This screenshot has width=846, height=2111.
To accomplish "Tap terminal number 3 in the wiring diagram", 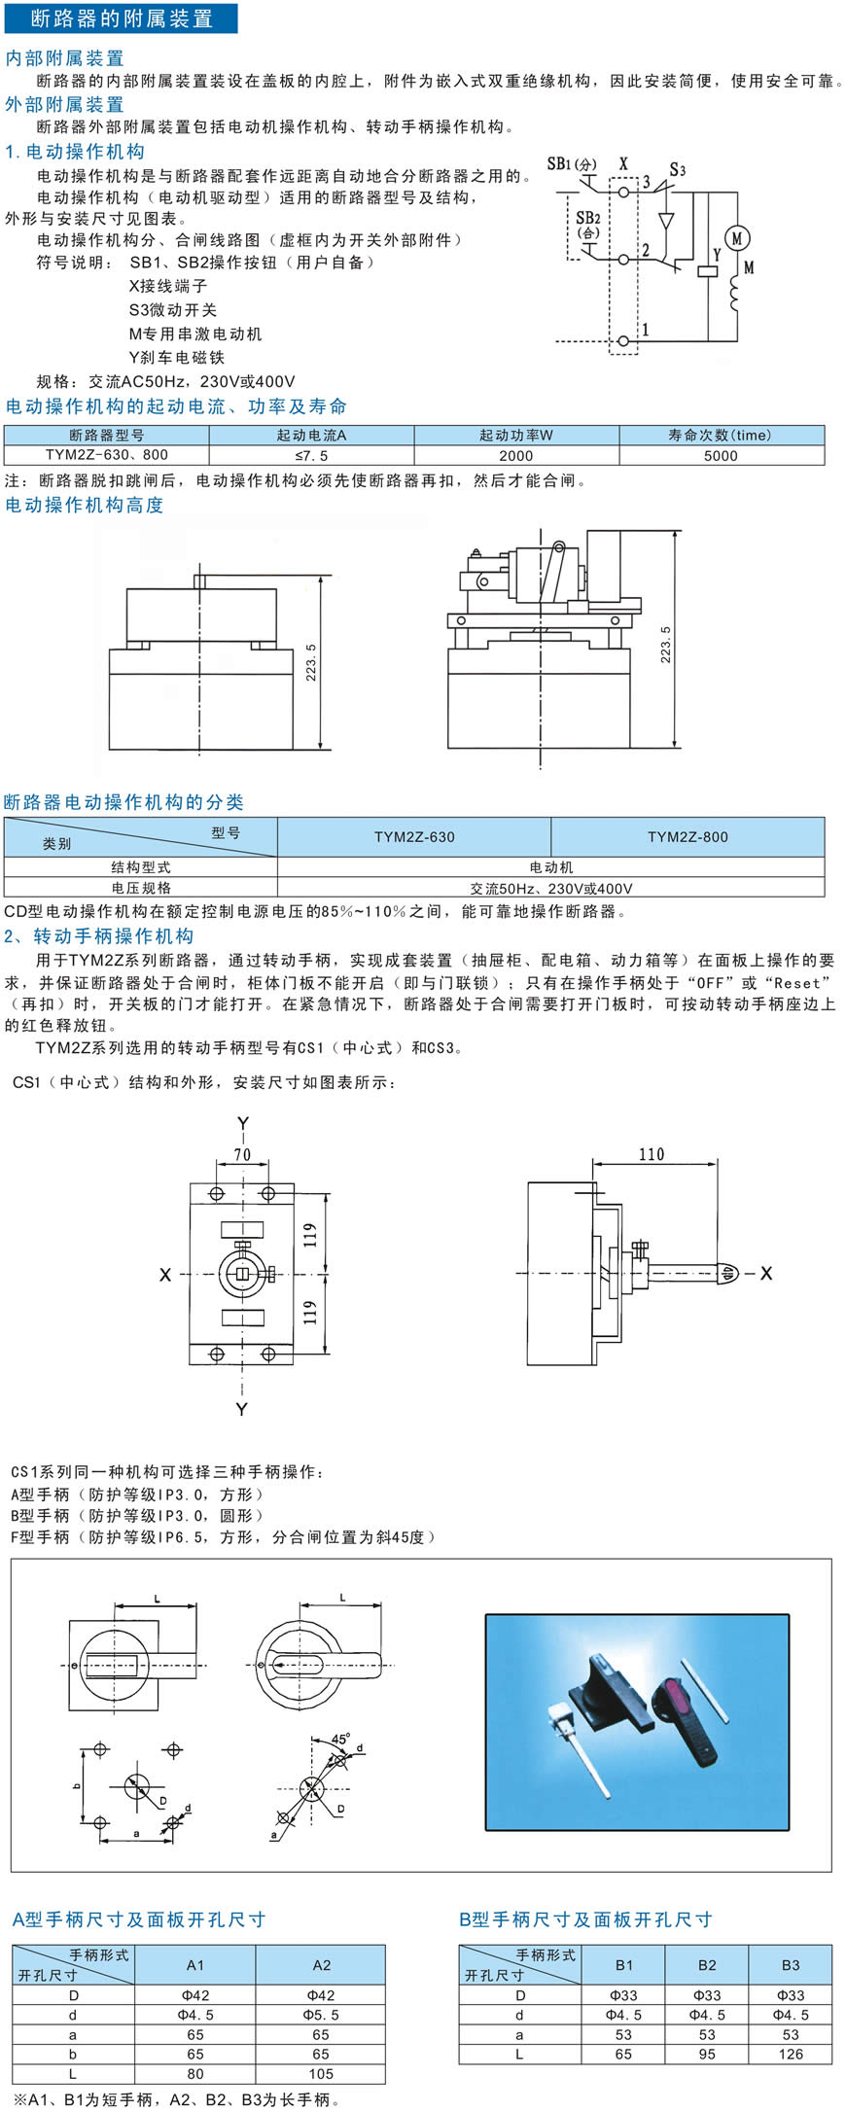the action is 646,182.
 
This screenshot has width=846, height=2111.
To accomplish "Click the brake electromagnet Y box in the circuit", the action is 708,271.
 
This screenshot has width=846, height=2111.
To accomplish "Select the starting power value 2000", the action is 516,455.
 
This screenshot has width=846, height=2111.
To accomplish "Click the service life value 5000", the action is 721,455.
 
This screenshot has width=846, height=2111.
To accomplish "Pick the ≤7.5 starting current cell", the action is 311,455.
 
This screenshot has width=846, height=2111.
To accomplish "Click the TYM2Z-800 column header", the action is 687,836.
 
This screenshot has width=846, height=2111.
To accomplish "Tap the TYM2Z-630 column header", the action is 414,836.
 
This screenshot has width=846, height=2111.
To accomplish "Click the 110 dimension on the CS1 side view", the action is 652,1154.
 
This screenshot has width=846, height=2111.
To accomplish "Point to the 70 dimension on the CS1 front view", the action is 242,1155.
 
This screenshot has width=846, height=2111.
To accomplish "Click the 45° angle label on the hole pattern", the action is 340,1738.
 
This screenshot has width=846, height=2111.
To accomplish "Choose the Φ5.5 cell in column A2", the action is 321,2015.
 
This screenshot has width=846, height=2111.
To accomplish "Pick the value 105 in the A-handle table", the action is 321,2074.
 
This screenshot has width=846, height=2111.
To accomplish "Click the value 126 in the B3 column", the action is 791,2054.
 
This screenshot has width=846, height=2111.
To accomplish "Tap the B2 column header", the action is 707,1964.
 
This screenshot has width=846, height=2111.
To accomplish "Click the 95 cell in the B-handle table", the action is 707,2054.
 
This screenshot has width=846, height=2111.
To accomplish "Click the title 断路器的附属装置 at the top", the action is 122,18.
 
